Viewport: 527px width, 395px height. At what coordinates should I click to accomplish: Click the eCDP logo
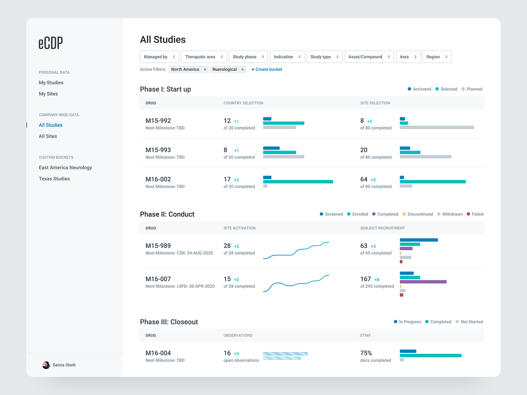pos(51,43)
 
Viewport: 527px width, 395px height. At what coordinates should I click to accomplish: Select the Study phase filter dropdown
pos(248,57)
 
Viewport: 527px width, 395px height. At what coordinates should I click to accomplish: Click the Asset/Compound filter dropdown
pos(369,57)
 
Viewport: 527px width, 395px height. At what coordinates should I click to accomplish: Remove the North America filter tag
pos(204,69)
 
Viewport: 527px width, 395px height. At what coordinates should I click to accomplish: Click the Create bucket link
pos(267,69)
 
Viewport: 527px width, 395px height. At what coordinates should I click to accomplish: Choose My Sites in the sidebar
pos(48,94)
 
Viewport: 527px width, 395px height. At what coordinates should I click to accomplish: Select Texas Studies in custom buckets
pos(54,179)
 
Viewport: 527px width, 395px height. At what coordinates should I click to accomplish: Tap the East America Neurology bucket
pos(65,168)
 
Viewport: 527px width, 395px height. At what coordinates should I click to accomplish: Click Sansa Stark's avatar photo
pos(46,365)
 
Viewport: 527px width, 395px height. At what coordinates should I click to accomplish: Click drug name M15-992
pos(158,121)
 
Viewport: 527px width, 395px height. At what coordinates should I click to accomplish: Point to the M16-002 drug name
pos(158,179)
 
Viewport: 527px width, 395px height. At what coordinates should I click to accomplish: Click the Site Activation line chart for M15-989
pos(296,250)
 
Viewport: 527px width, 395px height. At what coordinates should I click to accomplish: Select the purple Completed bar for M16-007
pos(423,282)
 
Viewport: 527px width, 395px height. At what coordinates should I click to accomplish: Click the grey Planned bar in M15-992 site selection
pos(437,127)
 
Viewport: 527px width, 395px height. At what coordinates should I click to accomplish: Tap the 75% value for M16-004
pos(366,353)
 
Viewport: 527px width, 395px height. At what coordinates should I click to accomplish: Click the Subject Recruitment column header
pos(383,228)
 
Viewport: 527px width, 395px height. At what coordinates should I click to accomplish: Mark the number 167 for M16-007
pos(366,279)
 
